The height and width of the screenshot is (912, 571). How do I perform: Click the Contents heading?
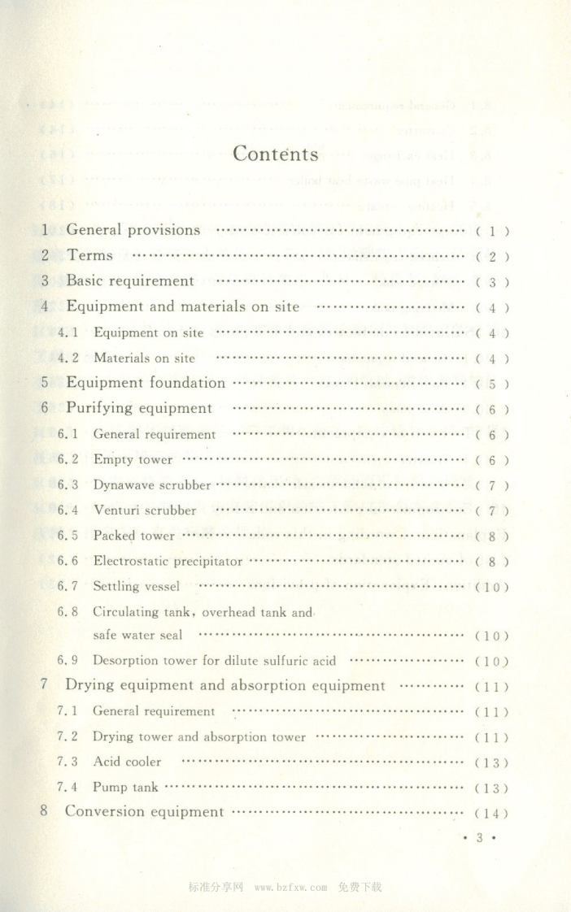276,154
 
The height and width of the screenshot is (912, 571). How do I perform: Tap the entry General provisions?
133,230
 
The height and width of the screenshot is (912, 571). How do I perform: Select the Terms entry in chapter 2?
90,255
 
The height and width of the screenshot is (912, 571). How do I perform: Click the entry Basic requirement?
130,281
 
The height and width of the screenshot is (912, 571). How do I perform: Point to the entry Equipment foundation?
146,383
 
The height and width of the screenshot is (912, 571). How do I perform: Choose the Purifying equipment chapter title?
139,408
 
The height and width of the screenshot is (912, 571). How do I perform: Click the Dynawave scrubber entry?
152,485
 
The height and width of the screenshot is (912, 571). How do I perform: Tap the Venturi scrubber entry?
145,510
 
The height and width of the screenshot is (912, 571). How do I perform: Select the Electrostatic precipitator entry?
168,561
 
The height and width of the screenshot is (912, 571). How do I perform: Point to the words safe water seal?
137,635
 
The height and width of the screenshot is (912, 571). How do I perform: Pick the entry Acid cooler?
127,762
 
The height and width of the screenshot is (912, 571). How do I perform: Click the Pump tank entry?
125,787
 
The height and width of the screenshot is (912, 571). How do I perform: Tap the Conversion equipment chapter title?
144,811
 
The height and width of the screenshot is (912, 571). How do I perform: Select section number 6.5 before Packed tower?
68,536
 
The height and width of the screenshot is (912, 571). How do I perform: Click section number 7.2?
68,736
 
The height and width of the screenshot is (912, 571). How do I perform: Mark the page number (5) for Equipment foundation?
492,384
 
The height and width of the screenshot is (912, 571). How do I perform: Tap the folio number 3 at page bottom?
481,838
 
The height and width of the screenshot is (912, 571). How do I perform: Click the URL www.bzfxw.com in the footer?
290,887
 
